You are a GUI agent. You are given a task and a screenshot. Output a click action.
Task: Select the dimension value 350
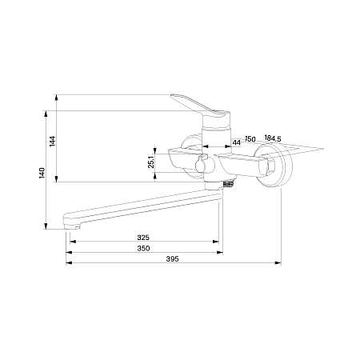coord(144,247)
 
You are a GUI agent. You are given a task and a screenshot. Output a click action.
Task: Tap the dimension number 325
coord(144,238)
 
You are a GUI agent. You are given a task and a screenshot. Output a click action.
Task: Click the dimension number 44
coord(236,142)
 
